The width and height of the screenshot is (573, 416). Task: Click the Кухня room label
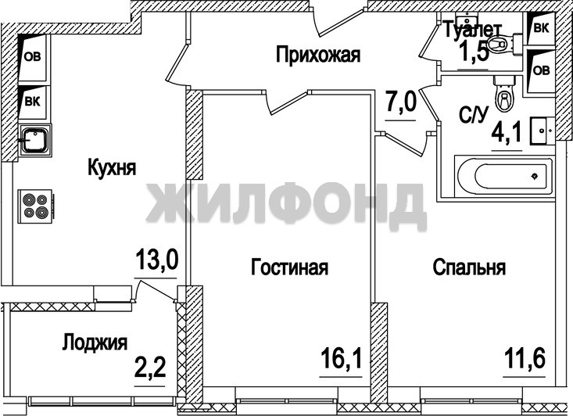point(112,168)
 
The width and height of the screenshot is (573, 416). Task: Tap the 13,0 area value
point(157,259)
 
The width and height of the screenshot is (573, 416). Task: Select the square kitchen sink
point(35,140)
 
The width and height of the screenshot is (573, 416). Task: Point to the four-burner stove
point(35,206)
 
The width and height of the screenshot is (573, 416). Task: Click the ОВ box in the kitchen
point(32,57)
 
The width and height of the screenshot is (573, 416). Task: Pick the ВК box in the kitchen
point(32,102)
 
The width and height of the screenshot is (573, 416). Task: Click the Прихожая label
point(318,55)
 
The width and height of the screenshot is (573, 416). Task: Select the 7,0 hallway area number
point(401,102)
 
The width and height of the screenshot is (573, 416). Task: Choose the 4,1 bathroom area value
point(507,134)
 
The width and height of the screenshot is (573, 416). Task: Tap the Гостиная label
point(289,267)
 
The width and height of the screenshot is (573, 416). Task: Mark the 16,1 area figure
point(342,358)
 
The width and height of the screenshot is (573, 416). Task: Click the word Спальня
point(469,267)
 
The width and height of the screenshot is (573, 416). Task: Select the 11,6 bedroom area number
point(525,358)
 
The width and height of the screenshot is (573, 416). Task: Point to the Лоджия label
point(95,342)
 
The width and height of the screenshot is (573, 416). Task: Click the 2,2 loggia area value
point(150,368)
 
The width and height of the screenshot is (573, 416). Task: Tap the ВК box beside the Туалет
point(541,28)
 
